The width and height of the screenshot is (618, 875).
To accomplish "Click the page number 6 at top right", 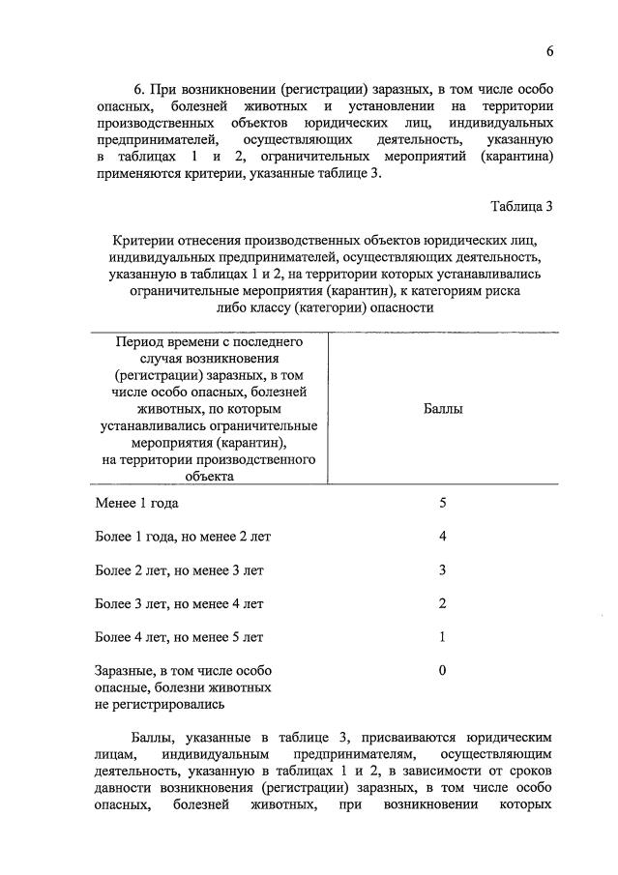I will pyautogui.click(x=549, y=51).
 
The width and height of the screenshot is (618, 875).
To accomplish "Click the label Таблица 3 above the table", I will pyautogui.click(x=521, y=206).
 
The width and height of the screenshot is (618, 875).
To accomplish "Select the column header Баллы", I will pyautogui.click(x=443, y=409).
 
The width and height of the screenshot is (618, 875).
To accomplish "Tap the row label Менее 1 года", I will pyautogui.click(x=136, y=503).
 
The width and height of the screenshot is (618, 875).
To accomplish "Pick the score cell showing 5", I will pyautogui.click(x=442, y=503).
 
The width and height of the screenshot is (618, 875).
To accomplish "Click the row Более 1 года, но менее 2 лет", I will pyautogui.click(x=178, y=537).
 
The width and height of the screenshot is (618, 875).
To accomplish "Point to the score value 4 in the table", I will pyautogui.click(x=442, y=537).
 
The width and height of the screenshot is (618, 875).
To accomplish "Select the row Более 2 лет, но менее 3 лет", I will pyautogui.click(x=179, y=570).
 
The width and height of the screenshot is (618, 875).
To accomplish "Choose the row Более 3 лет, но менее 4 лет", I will pyautogui.click(x=179, y=603).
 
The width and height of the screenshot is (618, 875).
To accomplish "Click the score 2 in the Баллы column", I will pyautogui.click(x=442, y=603).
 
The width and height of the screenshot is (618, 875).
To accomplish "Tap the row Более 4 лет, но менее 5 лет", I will pyautogui.click(x=179, y=637).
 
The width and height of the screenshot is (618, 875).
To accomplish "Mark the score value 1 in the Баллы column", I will pyautogui.click(x=442, y=637).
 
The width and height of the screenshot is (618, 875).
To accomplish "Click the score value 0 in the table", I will pyautogui.click(x=442, y=670).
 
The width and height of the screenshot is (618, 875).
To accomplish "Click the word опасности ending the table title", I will pyautogui.click(x=391, y=307).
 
